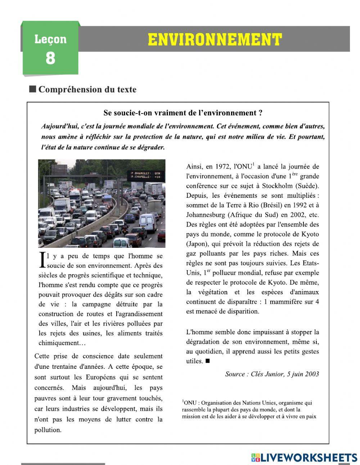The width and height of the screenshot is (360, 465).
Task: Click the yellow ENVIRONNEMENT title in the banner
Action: pos(215,40)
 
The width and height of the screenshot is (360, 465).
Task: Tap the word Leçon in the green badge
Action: pos(50,39)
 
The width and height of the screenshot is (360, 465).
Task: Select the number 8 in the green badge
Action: pos(50,58)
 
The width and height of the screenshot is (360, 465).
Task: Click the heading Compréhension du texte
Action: pos(87,89)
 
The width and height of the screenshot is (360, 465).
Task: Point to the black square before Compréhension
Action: pos(33,89)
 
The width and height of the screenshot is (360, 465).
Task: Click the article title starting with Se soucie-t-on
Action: pos(183,113)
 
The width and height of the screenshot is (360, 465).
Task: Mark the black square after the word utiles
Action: pos(207,361)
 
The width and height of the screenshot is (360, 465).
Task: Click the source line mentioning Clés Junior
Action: pos(272,374)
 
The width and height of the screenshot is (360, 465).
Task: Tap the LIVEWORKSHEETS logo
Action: pos(304,457)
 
